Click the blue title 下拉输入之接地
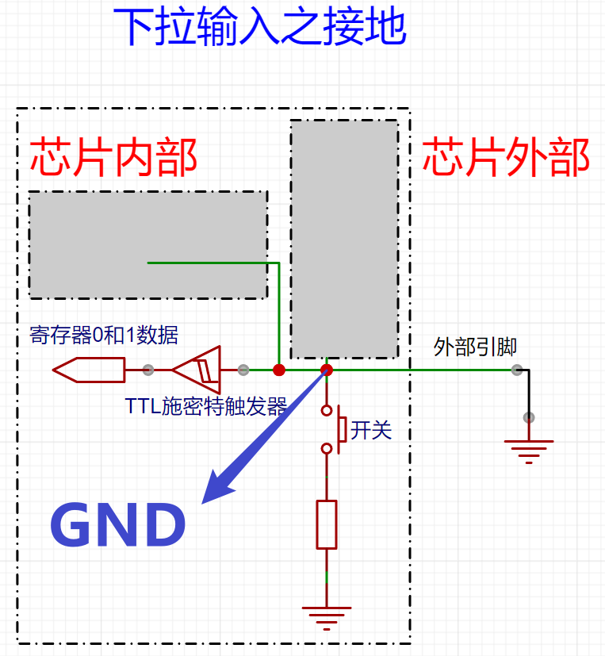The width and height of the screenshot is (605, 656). click(261, 28)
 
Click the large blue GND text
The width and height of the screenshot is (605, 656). click(118, 525)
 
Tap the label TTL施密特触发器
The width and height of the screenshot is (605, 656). click(206, 407)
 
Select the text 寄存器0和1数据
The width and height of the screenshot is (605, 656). click(104, 336)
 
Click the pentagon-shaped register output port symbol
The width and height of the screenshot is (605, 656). click(89, 369)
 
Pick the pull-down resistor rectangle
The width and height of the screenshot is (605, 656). click(327, 524)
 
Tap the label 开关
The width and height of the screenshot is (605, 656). click(371, 431)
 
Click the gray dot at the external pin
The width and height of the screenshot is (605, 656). click(517, 370)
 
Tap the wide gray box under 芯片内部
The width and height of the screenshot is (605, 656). click(147, 245)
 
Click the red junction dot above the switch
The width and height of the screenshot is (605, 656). click(327, 370)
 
